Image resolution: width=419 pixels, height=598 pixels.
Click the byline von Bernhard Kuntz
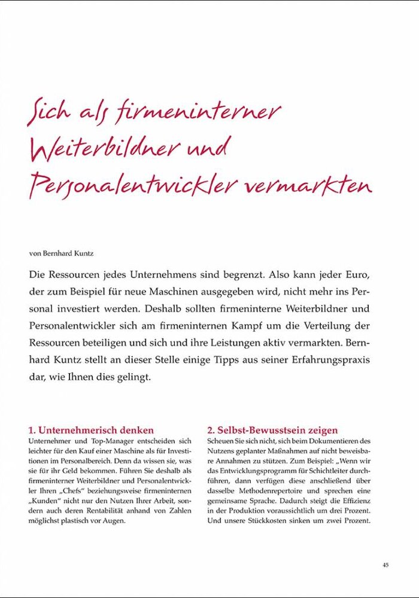pyautogui.click(x=61, y=253)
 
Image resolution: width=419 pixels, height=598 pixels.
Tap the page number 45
pyautogui.click(x=385, y=565)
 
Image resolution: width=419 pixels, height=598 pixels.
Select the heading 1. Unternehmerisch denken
pyautogui.click(x=91, y=430)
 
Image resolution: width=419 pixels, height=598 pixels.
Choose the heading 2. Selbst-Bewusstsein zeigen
pyautogui.click(x=272, y=430)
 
